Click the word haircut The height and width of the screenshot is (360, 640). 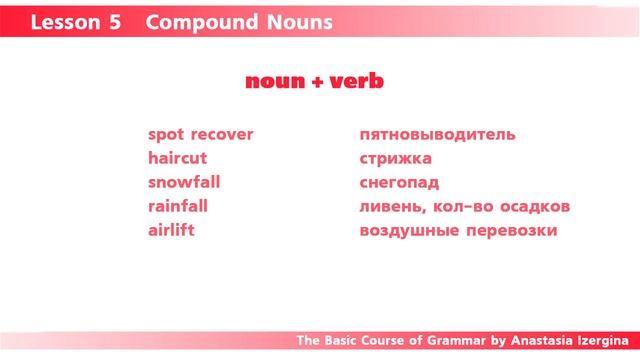click(x=177, y=158)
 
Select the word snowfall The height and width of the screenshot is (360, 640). click(x=184, y=182)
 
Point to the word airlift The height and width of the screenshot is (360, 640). click(x=171, y=230)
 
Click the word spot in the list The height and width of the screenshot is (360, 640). click(x=165, y=135)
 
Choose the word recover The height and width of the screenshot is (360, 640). click(x=222, y=134)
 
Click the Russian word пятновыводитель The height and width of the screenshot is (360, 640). click(x=437, y=134)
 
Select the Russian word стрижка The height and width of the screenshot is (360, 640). click(x=395, y=158)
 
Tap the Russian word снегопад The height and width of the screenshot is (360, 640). click(x=399, y=182)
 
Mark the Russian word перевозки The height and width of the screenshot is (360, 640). click(x=513, y=231)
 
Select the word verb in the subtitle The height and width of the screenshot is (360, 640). click(x=358, y=82)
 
